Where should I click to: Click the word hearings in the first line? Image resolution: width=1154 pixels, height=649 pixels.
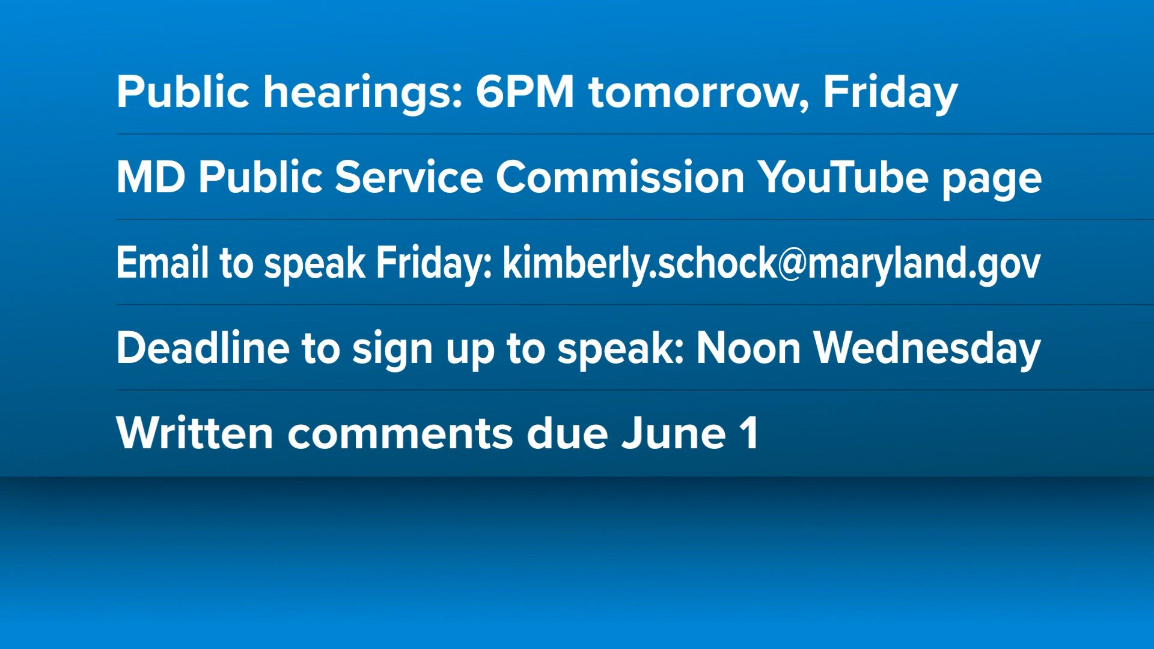coord(364,93)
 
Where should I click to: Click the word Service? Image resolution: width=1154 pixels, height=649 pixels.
coord(409,177)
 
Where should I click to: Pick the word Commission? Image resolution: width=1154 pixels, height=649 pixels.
coord(620,177)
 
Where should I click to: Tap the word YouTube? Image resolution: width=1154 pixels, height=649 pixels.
coord(843,177)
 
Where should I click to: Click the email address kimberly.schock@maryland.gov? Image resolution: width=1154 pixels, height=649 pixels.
coord(772,264)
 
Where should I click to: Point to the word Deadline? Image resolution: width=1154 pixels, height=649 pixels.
coord(203,348)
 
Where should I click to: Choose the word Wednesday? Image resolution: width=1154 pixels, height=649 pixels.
coord(927,349)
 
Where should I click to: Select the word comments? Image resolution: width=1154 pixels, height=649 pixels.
coord(400,436)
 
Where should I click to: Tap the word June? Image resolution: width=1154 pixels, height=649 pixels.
coord(674,433)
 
